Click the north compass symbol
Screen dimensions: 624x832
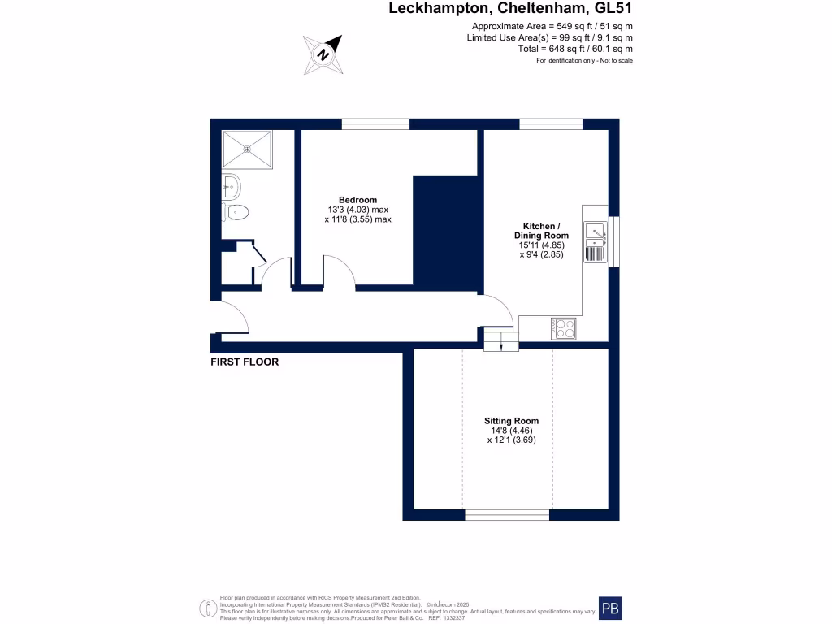tap(323, 54)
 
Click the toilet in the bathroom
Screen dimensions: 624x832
tap(236, 213)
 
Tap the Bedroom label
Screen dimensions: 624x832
tap(357, 200)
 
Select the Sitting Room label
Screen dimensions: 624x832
tap(511, 421)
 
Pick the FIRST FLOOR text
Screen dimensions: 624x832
tap(245, 362)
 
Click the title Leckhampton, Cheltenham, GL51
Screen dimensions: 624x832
tap(510, 10)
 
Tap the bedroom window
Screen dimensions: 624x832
tap(375, 124)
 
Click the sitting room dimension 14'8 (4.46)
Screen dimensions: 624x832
tap(511, 431)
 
